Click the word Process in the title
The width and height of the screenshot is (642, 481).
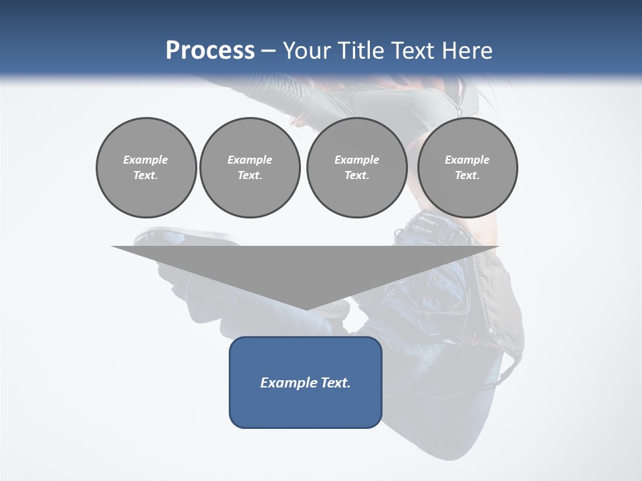pos(210,51)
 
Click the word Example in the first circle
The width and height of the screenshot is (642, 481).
pos(146,160)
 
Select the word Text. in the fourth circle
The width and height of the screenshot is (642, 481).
pos(467,175)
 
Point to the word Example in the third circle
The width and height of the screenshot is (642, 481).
pos(356,160)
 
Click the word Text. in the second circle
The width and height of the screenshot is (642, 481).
pos(249,175)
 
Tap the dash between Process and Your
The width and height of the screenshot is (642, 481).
pos(269,51)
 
